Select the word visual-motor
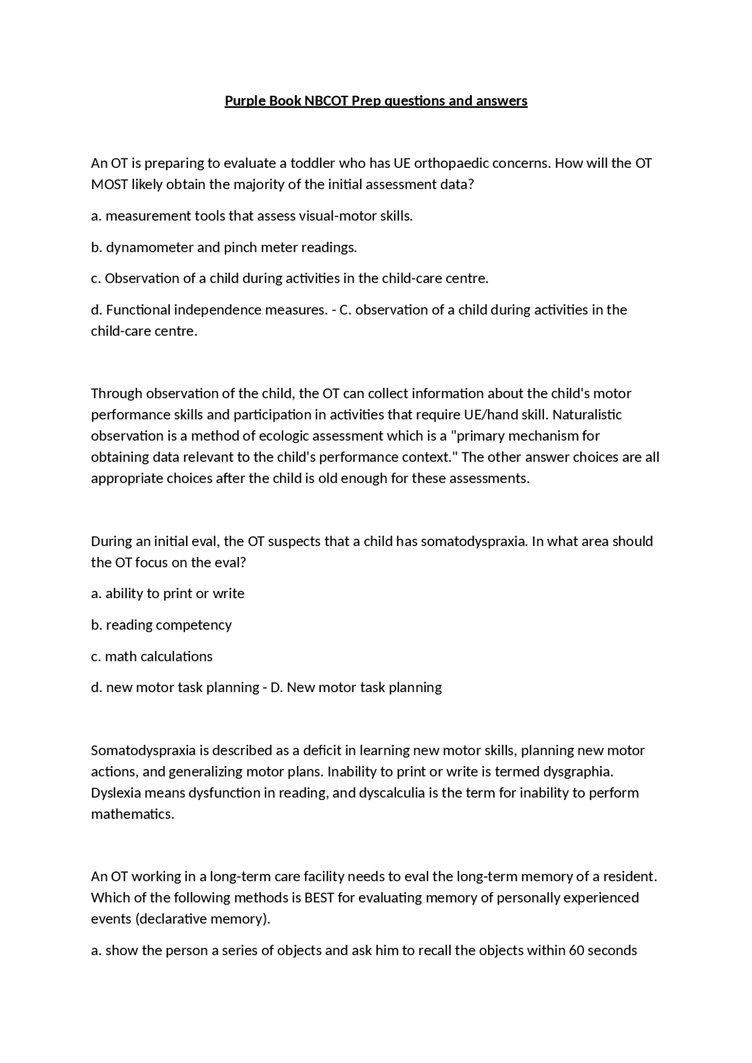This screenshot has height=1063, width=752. pos(334,216)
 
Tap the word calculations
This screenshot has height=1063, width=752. pos(176,656)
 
